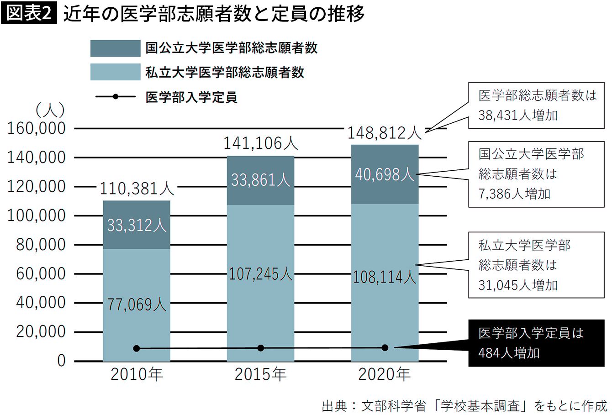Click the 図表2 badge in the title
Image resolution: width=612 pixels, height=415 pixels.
coord(29,13)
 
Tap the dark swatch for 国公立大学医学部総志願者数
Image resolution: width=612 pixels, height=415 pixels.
coord(115,48)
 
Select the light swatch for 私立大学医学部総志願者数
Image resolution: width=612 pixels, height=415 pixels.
coord(115,72)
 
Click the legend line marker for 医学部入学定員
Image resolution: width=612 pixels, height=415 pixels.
coord(116,97)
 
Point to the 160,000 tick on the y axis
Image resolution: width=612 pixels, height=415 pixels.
coord(37,128)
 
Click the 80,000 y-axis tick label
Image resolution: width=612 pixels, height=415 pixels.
coord(41,245)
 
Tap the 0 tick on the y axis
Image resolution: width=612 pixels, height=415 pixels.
coord(62,361)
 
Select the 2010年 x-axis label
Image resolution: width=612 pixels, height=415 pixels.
coord(137,374)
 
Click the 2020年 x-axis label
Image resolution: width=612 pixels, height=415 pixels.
coord(385,374)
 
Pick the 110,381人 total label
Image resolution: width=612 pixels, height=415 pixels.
coord(137,189)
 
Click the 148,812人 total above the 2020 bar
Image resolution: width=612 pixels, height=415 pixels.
coord(385,133)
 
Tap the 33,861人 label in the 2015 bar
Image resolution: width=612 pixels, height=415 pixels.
coord(260,180)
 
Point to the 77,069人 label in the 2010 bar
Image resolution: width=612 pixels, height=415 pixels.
coord(137,305)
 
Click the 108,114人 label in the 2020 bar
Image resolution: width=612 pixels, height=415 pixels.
coord(385,277)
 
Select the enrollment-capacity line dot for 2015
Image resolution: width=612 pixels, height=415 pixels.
coord(261,348)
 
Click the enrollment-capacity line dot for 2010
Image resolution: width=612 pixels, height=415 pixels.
coord(137,349)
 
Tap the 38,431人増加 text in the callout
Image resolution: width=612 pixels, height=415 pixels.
coord(518,115)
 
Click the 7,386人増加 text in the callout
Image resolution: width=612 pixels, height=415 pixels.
coord(514,194)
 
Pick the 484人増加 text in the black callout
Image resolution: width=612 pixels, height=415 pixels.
coord(509,353)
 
